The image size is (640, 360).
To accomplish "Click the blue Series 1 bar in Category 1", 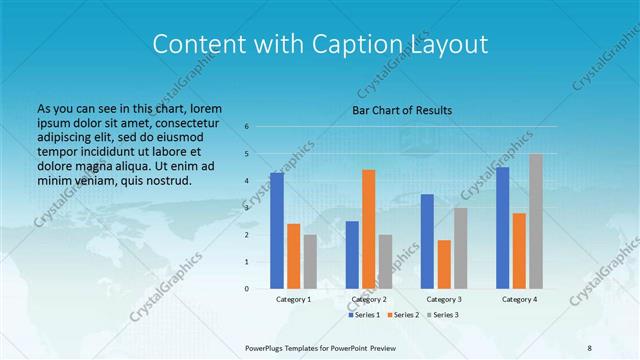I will [x=277, y=230].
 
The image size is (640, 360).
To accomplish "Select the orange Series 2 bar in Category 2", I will [x=369, y=229].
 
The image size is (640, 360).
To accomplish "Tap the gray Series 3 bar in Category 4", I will [x=536, y=221].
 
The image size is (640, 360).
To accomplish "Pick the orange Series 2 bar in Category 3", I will [x=444, y=264].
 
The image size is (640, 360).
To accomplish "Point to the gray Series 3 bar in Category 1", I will [x=310, y=261].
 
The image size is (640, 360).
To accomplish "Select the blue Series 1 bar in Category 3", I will [x=427, y=241].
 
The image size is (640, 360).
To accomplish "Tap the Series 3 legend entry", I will [x=444, y=315].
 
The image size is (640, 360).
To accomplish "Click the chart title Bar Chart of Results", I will [x=402, y=110].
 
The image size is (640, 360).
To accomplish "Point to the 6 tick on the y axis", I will [x=247, y=127].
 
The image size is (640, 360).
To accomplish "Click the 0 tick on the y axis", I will [x=247, y=289].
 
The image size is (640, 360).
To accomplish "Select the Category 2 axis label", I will [x=369, y=299].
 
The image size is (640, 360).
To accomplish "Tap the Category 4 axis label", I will [x=519, y=299].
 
